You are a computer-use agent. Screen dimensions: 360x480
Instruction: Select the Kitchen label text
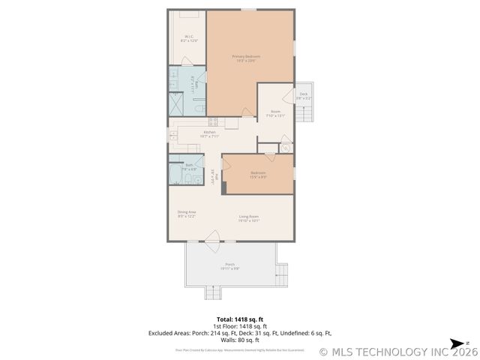pos(209,134)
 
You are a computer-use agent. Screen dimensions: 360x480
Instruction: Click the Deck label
pos(303,96)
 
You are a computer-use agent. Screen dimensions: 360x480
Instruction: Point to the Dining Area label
pos(187,214)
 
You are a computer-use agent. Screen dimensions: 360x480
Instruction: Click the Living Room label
pos(248,218)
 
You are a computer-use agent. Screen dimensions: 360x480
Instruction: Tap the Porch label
pos(230,265)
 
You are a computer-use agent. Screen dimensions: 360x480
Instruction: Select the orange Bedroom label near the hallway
pos(257,175)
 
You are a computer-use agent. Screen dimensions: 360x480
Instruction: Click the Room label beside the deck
pos(275,113)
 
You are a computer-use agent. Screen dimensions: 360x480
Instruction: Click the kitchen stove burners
pos(212,121)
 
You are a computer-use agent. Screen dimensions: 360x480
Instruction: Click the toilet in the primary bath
pos(196,109)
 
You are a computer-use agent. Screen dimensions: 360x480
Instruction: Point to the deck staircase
pos(304,115)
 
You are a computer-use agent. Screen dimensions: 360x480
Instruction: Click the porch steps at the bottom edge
pos(213,292)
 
